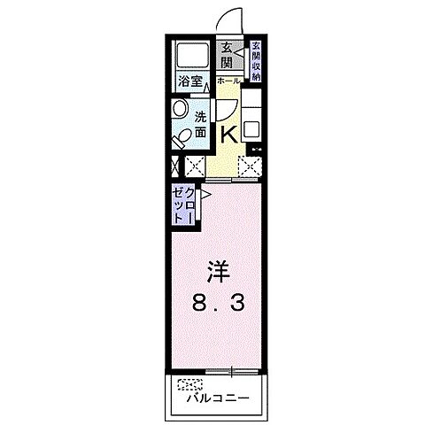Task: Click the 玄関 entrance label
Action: (x=227, y=56)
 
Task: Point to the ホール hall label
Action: (x=227, y=79)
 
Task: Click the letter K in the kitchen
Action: (x=227, y=134)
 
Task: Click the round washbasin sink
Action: (x=180, y=109)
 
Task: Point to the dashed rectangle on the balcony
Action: (x=189, y=384)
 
